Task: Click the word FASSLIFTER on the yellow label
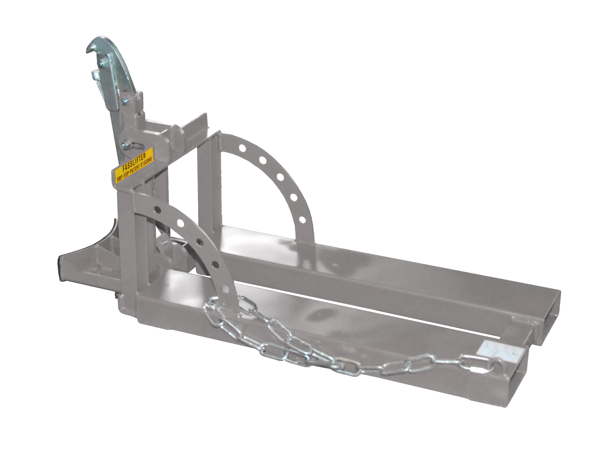click(x=134, y=162)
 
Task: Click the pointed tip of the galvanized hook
click(x=87, y=51)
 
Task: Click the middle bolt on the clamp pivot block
click(x=124, y=101)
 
